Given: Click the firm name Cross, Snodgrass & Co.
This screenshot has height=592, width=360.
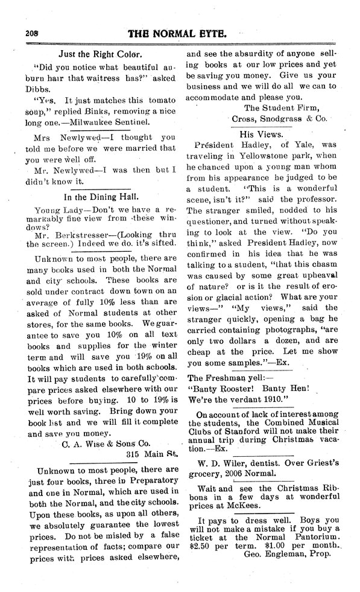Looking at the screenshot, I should point(279,118).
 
